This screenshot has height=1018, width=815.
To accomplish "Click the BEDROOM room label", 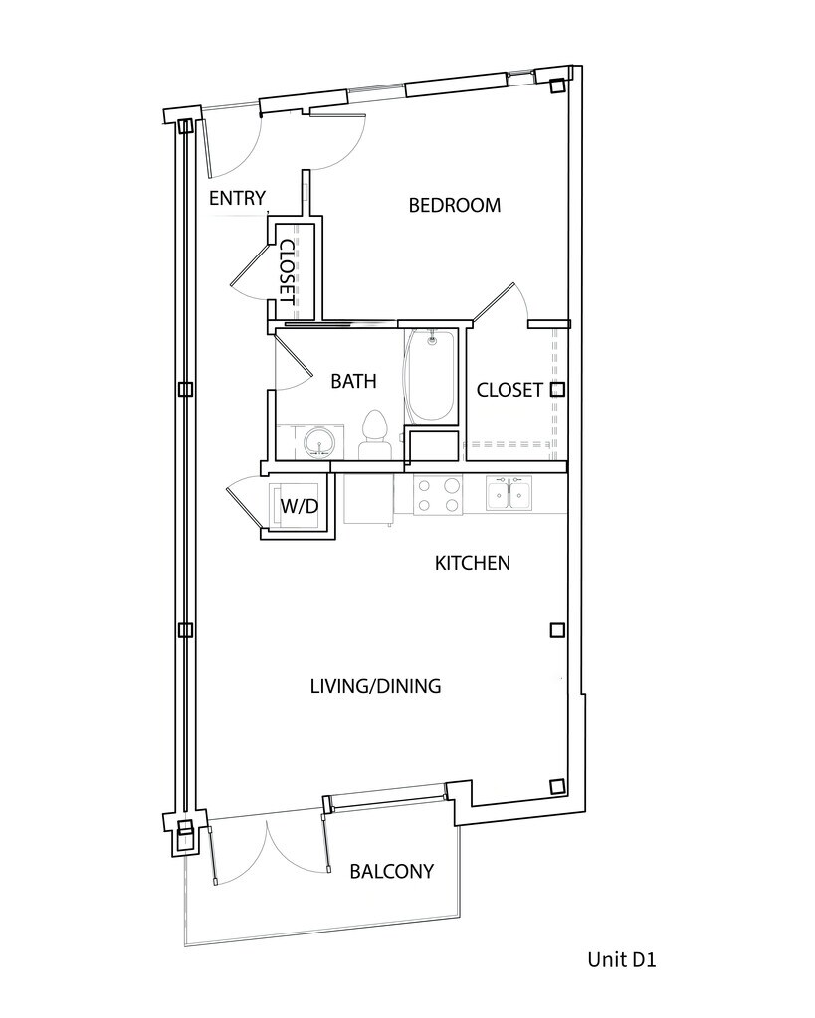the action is (x=455, y=205).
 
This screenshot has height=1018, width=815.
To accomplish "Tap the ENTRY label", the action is (x=237, y=198).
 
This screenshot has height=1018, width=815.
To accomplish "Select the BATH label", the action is (x=353, y=381).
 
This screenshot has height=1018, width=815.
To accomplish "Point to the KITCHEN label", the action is (x=473, y=563).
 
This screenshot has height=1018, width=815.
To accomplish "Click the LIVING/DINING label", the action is (x=375, y=686).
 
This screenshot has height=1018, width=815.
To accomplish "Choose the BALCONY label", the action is (x=392, y=871).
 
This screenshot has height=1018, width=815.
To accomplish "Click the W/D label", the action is (x=300, y=506).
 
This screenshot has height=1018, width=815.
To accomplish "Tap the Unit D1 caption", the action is (x=622, y=959).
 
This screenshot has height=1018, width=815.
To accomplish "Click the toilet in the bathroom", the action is (x=374, y=435).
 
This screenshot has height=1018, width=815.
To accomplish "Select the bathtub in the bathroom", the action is (x=430, y=377).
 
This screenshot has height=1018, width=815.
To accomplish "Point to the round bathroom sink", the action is (x=319, y=442).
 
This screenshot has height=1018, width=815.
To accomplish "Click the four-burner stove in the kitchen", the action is (x=438, y=495).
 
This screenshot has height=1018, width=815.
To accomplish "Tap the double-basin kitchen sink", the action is (x=509, y=493).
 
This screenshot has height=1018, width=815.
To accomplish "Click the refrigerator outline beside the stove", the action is (x=368, y=499).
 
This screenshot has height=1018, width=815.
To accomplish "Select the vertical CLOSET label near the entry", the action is (x=287, y=272).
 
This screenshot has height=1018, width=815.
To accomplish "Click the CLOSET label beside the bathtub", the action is (x=509, y=390).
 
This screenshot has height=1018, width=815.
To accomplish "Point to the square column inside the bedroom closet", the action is (x=557, y=390).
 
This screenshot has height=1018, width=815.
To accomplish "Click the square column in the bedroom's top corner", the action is (x=557, y=86).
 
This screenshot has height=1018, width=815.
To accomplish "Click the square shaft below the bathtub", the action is (x=434, y=446).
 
